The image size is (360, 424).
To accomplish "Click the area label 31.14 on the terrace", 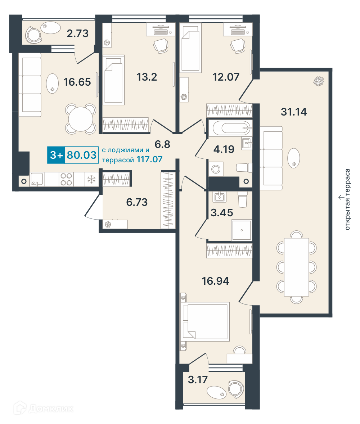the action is pyautogui.click(x=294, y=112).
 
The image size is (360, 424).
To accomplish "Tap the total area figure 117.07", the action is pyautogui.click(x=149, y=159).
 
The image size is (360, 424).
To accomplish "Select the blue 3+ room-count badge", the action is pyautogui.click(x=56, y=155).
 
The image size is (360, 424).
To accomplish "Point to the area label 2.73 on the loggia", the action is pyautogui.click(x=78, y=33).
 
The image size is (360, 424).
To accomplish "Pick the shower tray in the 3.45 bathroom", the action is pyautogui.click(x=242, y=230).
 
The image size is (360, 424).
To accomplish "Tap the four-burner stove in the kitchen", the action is pyautogui.click(x=66, y=179).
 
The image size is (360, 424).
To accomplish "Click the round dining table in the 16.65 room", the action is pyautogui.click(x=81, y=119).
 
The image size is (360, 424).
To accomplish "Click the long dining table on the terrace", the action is pyautogui.click(x=296, y=267).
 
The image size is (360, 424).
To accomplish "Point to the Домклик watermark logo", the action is pyautogui.click(x=44, y=409).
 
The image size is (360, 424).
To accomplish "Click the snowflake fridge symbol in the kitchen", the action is pyautogui.click(x=91, y=179).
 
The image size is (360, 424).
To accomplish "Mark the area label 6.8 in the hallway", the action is pyautogui.click(x=162, y=144).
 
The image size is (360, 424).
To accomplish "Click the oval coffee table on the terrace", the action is pyautogui.click(x=293, y=158).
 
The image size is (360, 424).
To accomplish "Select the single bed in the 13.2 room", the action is pyautogui.click(x=113, y=80).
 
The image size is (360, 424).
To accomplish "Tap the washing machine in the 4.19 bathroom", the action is pyautogui.click(x=216, y=169).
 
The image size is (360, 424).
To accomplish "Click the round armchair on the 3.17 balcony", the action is pyautogui.click(x=236, y=389).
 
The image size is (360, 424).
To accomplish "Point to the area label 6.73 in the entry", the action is pyautogui.click(x=137, y=202).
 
